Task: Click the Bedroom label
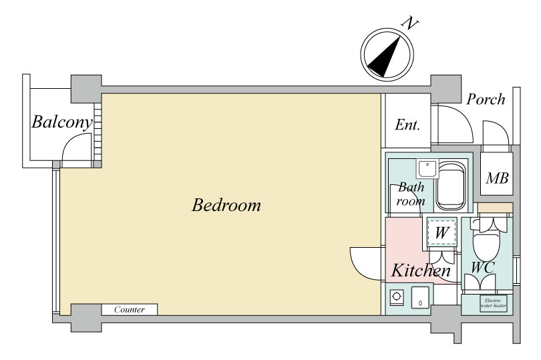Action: click(x=226, y=205)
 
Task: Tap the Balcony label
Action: click(x=62, y=122)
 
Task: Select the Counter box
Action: click(x=130, y=309)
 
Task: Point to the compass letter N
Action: click(x=410, y=23)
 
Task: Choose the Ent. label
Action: click(x=407, y=125)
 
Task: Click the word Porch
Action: click(x=486, y=100)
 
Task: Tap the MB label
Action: click(x=497, y=178)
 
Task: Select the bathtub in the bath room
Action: click(x=451, y=186)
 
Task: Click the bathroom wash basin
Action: click(x=427, y=169)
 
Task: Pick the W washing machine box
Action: click(x=442, y=232)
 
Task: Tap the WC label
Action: click(x=483, y=268)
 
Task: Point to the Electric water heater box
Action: click(x=494, y=303)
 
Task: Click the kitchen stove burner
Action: click(x=397, y=297)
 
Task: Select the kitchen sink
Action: click(x=420, y=297)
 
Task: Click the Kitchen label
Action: click(x=421, y=271)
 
